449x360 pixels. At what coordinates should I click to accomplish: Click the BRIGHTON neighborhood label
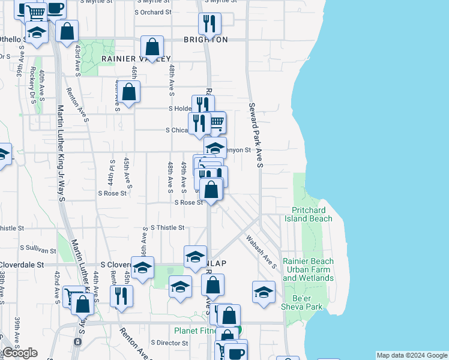pos(206,40)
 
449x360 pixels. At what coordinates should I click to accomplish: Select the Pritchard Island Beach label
pos(312,214)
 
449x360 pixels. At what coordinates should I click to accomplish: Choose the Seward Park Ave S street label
pos(256,134)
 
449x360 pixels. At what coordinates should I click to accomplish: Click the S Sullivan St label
pos(39,247)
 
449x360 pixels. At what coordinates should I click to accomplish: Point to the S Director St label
pos(169,343)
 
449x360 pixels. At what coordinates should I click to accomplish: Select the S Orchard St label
pos(153,11)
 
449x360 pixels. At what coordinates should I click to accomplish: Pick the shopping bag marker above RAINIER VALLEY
pos(152,46)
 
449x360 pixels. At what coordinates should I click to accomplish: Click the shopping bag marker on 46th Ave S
pos(128,92)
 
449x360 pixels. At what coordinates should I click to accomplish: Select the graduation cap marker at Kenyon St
pos(215,148)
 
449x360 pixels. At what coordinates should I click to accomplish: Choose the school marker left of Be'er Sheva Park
pos(264,292)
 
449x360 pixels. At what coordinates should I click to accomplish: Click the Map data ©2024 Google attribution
pos(412,355)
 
